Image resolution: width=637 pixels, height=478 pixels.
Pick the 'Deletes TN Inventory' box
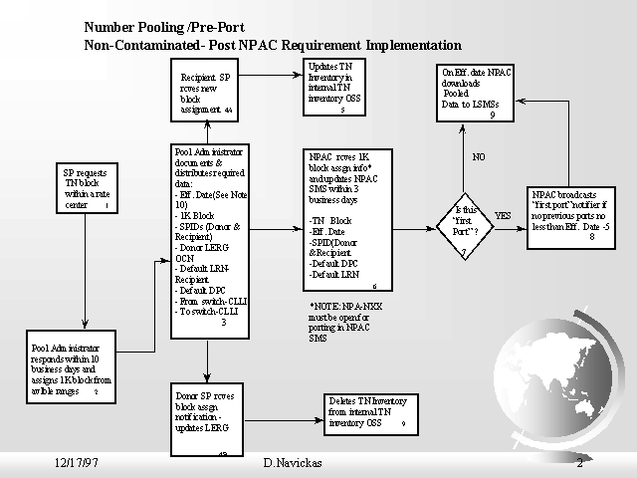tap(366, 412)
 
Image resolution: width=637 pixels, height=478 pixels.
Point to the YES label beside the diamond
tap(503, 215)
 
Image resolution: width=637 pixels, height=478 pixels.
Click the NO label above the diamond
tap(479, 157)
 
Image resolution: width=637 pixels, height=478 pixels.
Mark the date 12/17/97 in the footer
tap(76, 463)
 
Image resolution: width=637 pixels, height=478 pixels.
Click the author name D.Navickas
tap(293, 463)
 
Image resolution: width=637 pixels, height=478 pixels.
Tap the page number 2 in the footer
tap(579, 463)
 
